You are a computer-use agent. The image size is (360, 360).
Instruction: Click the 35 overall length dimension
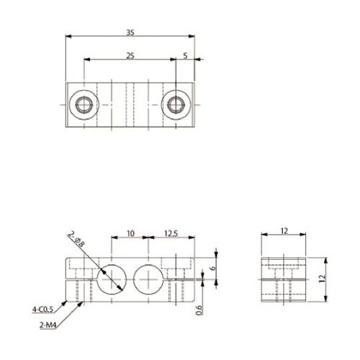pyautogui.click(x=130, y=32)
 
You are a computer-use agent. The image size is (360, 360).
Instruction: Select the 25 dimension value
pyautogui.click(x=130, y=55)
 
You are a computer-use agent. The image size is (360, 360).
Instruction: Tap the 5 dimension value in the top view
pyautogui.click(x=185, y=55)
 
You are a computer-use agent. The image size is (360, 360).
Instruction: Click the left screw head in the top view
pyautogui.click(x=84, y=105)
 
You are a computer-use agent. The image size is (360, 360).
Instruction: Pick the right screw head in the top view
pyautogui.click(x=176, y=105)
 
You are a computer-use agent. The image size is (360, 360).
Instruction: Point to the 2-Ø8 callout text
pyautogui.click(x=76, y=239)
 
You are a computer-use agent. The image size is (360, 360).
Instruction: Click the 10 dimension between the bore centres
pyautogui.click(x=130, y=233)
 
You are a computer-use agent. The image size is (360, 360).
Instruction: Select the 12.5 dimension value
pyautogui.click(x=171, y=233)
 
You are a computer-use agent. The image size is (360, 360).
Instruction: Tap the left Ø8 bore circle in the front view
pyautogui.click(x=112, y=265)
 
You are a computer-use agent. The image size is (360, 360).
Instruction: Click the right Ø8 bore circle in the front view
pyautogui.click(x=148, y=265)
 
